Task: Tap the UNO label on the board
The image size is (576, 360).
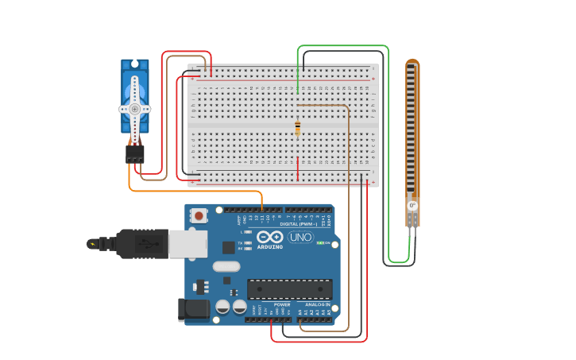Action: [300, 237]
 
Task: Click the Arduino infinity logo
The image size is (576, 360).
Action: [269, 237]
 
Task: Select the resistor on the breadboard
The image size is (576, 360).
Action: [298, 128]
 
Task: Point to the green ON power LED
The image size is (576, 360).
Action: [319, 242]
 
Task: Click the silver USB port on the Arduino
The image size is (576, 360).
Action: [187, 244]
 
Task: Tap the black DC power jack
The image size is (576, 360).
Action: [194, 309]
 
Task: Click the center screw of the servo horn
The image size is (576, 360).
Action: [135, 108]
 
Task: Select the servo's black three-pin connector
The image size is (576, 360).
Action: [135, 153]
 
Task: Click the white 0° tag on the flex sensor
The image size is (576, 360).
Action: [412, 206]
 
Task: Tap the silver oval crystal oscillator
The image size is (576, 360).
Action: [226, 266]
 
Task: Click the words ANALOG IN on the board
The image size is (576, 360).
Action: [317, 304]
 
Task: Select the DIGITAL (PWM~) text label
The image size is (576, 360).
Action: [299, 224]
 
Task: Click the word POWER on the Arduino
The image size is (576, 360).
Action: [282, 304]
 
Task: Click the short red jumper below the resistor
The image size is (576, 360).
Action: [298, 168]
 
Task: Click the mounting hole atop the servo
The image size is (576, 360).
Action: [135, 64]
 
